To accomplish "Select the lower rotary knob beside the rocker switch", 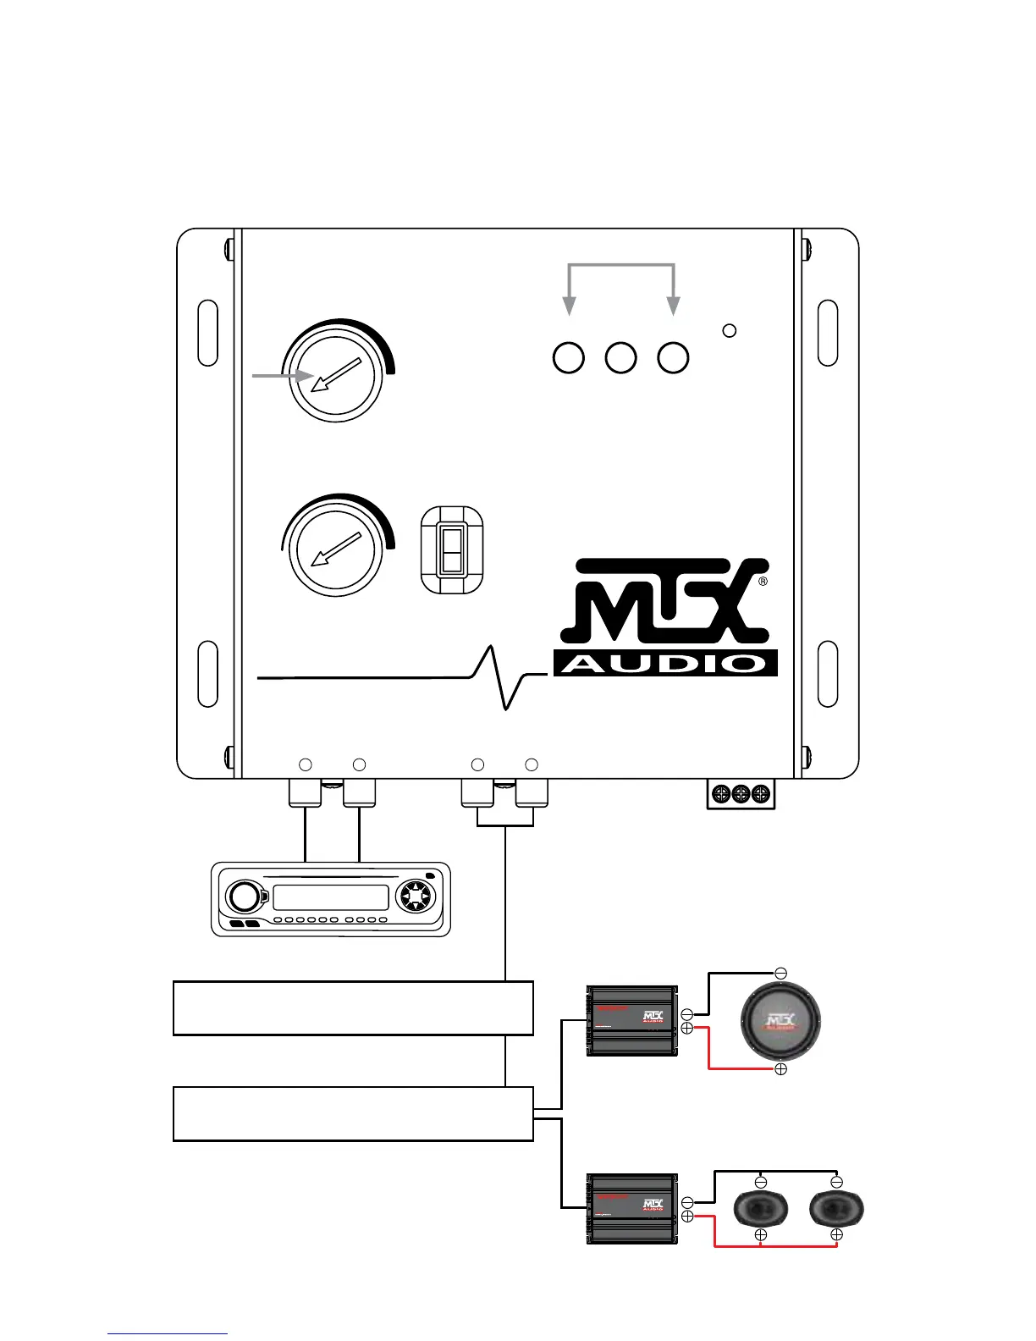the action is coord(336,550).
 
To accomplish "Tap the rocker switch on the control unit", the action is coord(452,550).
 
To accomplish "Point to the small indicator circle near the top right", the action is coord(729,330).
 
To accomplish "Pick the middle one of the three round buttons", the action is coord(621,358).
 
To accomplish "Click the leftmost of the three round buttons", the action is coord(569,358).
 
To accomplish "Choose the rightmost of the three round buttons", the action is coord(674,358).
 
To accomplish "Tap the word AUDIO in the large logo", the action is coord(665,663).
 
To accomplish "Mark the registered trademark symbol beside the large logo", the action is coord(763,582).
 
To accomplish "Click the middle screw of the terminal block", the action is coord(741,794).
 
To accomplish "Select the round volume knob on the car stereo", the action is coord(242,897).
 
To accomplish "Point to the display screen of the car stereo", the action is coord(331,898).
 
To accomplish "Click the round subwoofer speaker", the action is coord(780,1022).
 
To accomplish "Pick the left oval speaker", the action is coord(760,1209).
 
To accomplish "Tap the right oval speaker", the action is coord(836,1209).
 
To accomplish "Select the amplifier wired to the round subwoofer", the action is coord(632,1021).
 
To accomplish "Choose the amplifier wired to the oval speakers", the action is coord(632,1209).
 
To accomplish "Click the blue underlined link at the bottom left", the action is coord(168,1334).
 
